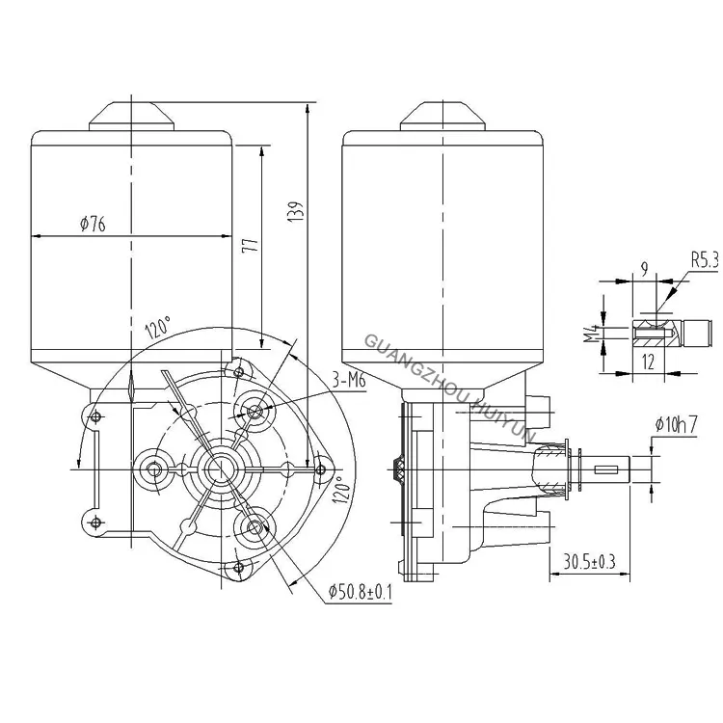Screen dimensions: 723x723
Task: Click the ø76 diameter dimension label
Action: tap(93, 225)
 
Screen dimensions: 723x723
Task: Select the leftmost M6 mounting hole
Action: tap(152, 468)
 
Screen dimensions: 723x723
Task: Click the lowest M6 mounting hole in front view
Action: tap(255, 525)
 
